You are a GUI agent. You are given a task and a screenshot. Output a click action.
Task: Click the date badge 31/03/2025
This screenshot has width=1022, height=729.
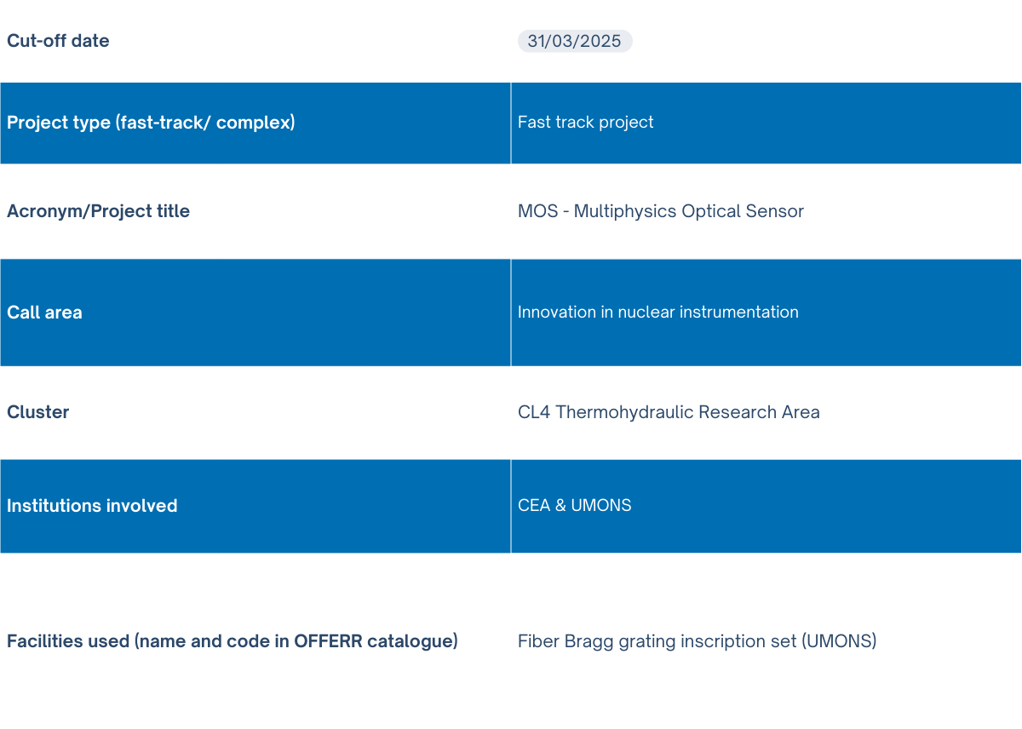(574, 41)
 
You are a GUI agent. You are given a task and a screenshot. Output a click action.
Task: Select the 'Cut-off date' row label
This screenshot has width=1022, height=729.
(58, 41)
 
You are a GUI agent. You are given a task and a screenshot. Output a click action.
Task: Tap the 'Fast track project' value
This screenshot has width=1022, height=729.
(585, 123)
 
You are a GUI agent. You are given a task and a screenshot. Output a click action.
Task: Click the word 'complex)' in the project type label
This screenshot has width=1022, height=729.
(255, 123)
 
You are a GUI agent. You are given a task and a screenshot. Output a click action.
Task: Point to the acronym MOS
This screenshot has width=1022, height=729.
(538, 211)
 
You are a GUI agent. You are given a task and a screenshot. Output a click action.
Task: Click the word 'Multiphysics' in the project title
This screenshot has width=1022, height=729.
(625, 211)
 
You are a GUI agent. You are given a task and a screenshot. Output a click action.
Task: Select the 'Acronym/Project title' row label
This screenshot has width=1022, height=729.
(98, 211)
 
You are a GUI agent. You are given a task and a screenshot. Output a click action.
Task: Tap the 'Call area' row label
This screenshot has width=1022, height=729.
(44, 313)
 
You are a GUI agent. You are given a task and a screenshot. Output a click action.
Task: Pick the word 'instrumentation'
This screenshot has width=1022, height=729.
(739, 312)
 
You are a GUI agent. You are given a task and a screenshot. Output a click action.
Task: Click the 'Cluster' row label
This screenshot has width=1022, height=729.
(37, 412)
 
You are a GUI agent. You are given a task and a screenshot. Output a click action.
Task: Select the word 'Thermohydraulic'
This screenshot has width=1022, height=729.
(624, 412)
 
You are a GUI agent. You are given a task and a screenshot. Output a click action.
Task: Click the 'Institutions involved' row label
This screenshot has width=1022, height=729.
(92, 506)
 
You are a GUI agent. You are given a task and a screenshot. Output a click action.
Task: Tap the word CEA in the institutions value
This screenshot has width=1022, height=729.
(534, 506)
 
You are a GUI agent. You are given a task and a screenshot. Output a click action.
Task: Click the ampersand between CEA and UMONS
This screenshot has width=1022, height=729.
(560, 506)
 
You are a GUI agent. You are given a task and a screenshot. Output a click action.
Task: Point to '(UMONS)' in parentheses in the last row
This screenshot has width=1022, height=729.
(840, 641)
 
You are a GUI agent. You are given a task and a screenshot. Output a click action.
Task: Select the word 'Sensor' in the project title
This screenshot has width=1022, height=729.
(775, 211)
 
